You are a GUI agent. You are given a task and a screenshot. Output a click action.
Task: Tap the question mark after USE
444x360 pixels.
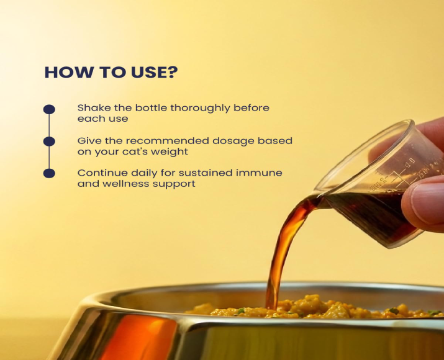click(x=173, y=72)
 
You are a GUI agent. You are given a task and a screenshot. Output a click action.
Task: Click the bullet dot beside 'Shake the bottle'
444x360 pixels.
click(x=49, y=109)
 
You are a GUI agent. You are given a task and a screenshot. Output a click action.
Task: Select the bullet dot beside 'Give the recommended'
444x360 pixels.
click(x=49, y=142)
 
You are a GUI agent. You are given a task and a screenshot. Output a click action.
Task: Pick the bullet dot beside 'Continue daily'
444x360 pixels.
click(x=49, y=173)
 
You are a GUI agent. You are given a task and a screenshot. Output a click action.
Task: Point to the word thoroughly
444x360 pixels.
click(x=200, y=109)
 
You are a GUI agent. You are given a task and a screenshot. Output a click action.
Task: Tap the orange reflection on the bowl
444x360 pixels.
click(x=136, y=338)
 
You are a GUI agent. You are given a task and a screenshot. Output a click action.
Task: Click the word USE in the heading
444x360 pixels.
click(x=148, y=72)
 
